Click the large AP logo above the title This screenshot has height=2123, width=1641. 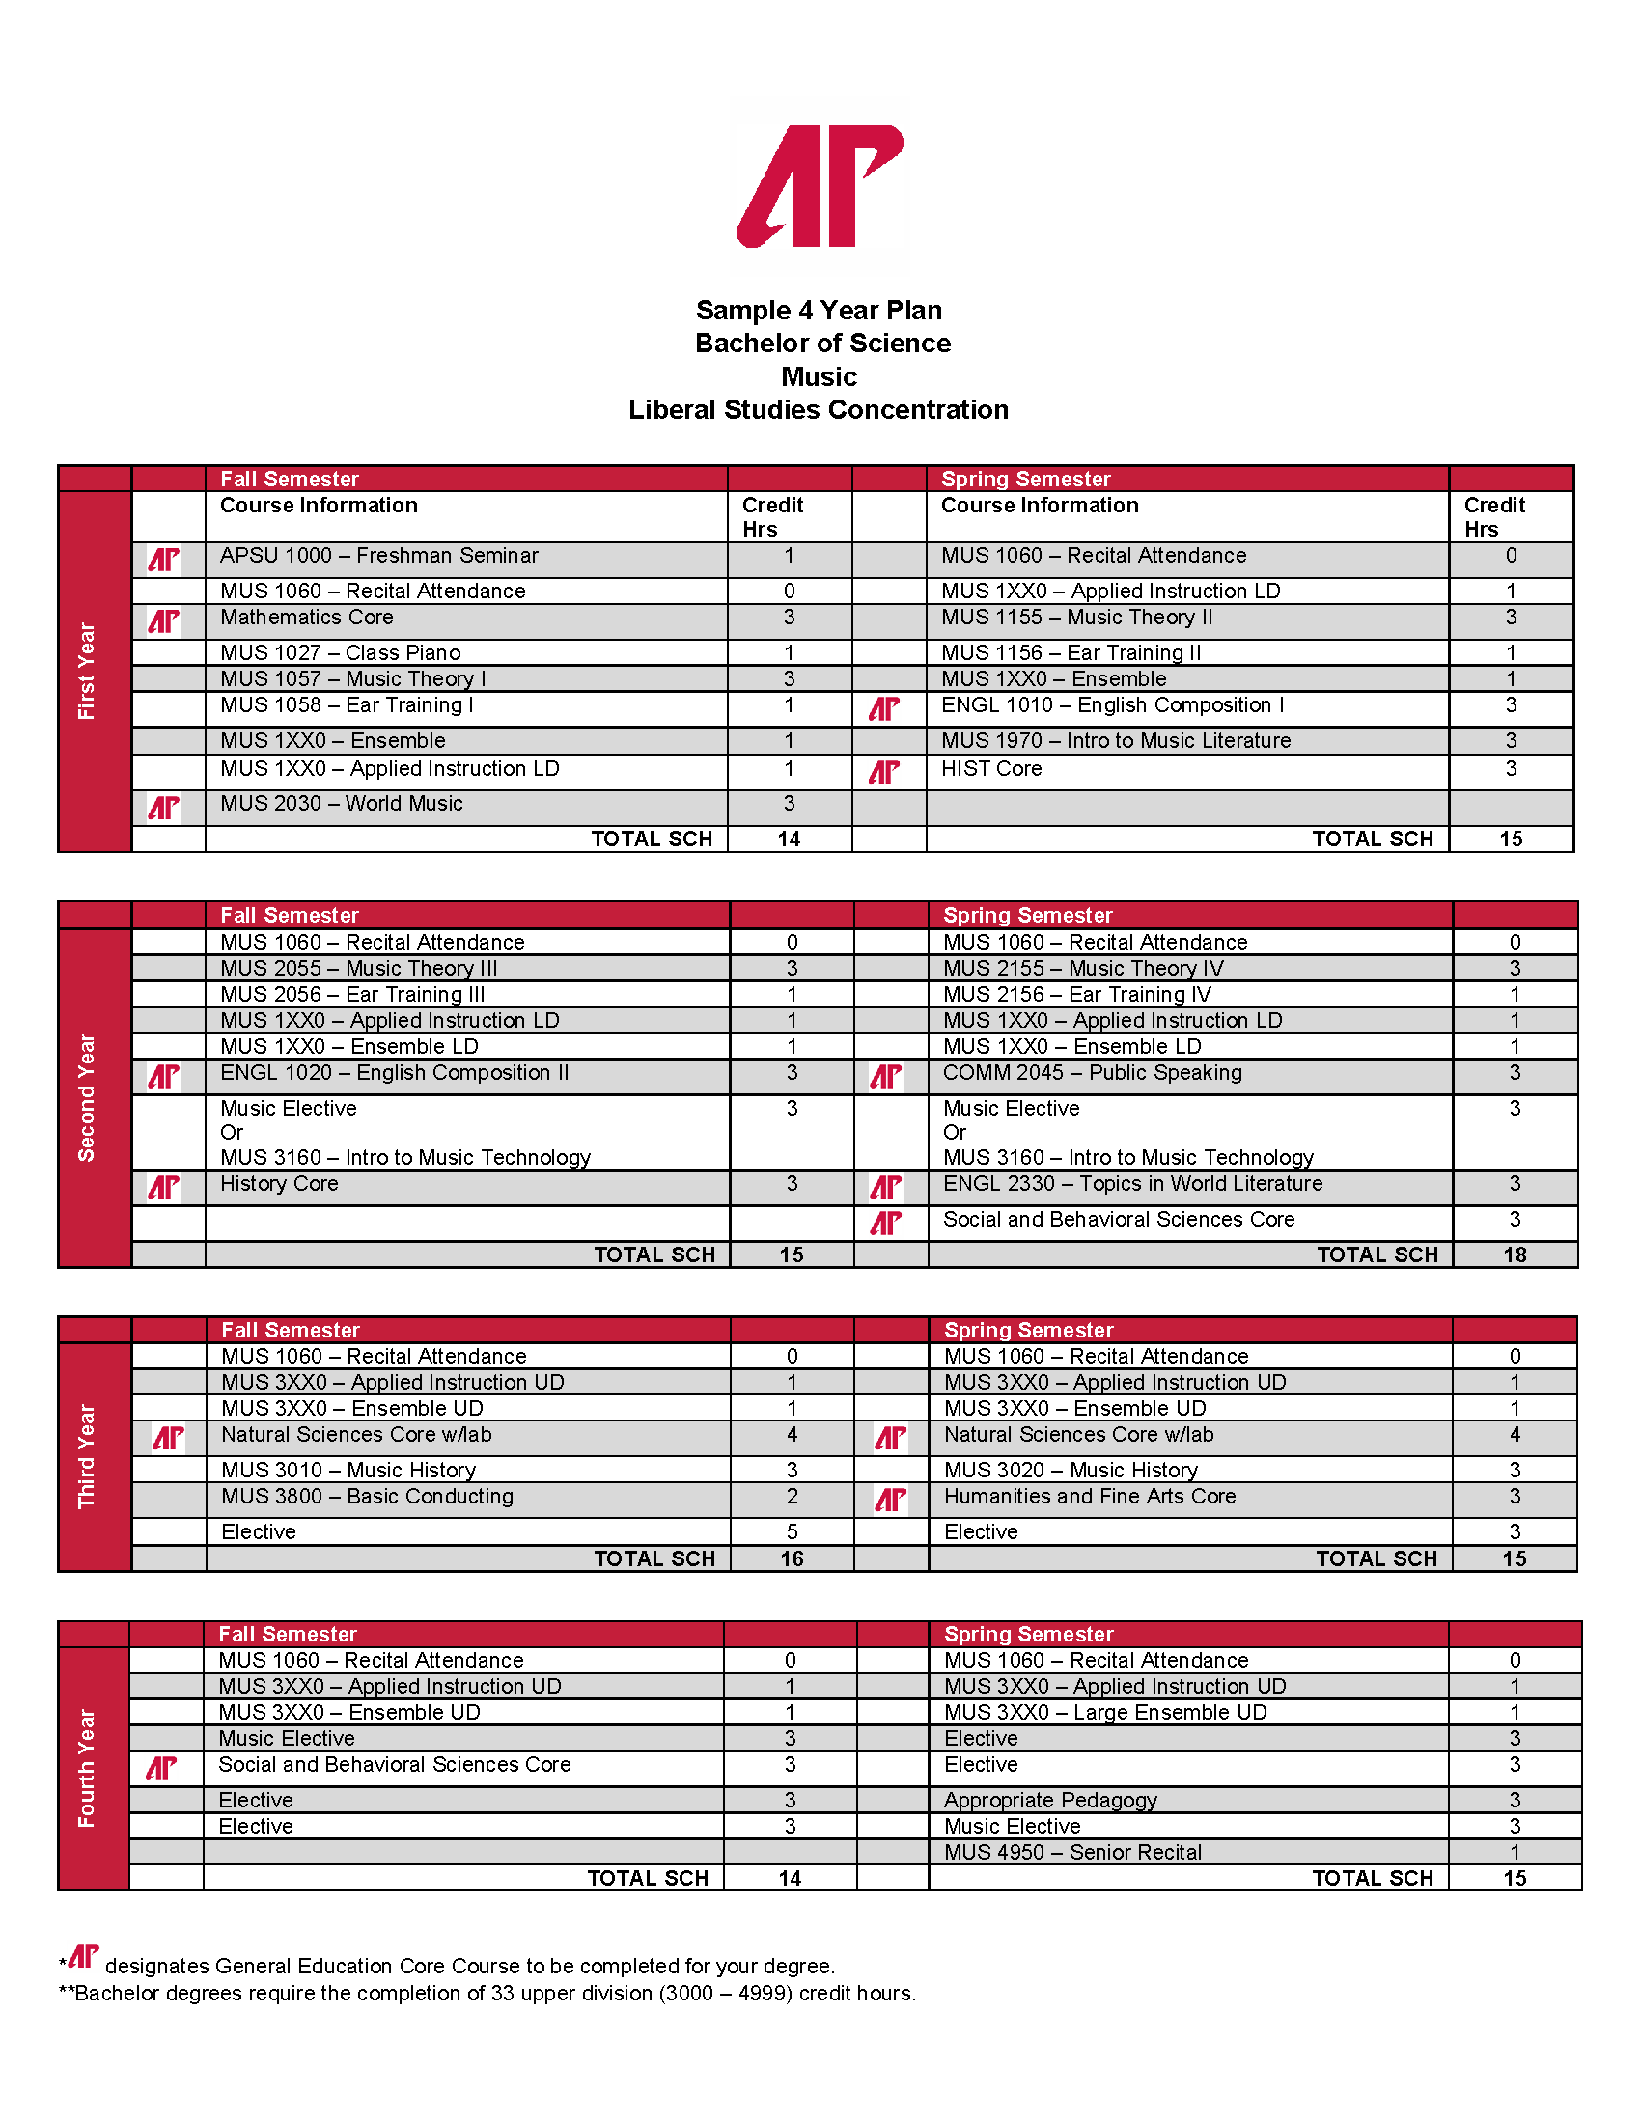pos(820,185)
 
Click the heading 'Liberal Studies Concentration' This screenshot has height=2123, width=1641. pos(819,410)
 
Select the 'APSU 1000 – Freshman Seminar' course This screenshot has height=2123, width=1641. pos(379,556)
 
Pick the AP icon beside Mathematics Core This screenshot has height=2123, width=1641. pos(163,621)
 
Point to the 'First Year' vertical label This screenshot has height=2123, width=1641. pos(87,671)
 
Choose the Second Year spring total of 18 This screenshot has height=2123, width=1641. pos(1515,1254)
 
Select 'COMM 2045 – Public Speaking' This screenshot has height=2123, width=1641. pos(1092,1073)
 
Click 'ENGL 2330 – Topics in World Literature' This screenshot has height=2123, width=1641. pos(1132,1184)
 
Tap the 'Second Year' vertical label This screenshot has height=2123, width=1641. pos(87,1097)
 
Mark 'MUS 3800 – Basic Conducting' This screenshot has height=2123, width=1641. pos(368,1497)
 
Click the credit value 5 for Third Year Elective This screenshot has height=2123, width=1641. pos(793,1532)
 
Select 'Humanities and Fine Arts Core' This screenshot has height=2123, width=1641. pos(1090,1497)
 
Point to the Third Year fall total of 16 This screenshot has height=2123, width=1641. pos(793,1559)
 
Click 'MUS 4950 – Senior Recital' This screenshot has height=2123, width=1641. pos(1072,1853)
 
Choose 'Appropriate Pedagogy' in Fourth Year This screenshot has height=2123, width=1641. pos(1050,1801)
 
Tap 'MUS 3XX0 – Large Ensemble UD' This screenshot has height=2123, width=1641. pos(1105,1713)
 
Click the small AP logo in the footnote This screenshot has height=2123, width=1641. pos(83,1957)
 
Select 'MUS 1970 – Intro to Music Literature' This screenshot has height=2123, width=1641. pos(1116,742)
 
